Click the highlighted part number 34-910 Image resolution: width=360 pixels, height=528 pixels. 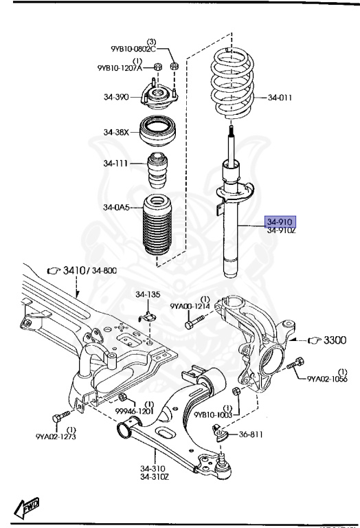point(280,221)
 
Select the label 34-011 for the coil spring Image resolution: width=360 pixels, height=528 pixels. point(280,98)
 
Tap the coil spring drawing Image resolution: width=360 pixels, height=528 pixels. point(232,82)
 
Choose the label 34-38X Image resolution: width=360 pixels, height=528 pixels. point(117,132)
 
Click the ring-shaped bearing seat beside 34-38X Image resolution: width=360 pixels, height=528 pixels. point(159,131)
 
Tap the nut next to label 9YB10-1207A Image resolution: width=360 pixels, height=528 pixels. point(156,67)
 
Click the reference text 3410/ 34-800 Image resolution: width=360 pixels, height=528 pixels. point(90,271)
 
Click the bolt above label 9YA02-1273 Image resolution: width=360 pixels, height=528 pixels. point(60,417)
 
